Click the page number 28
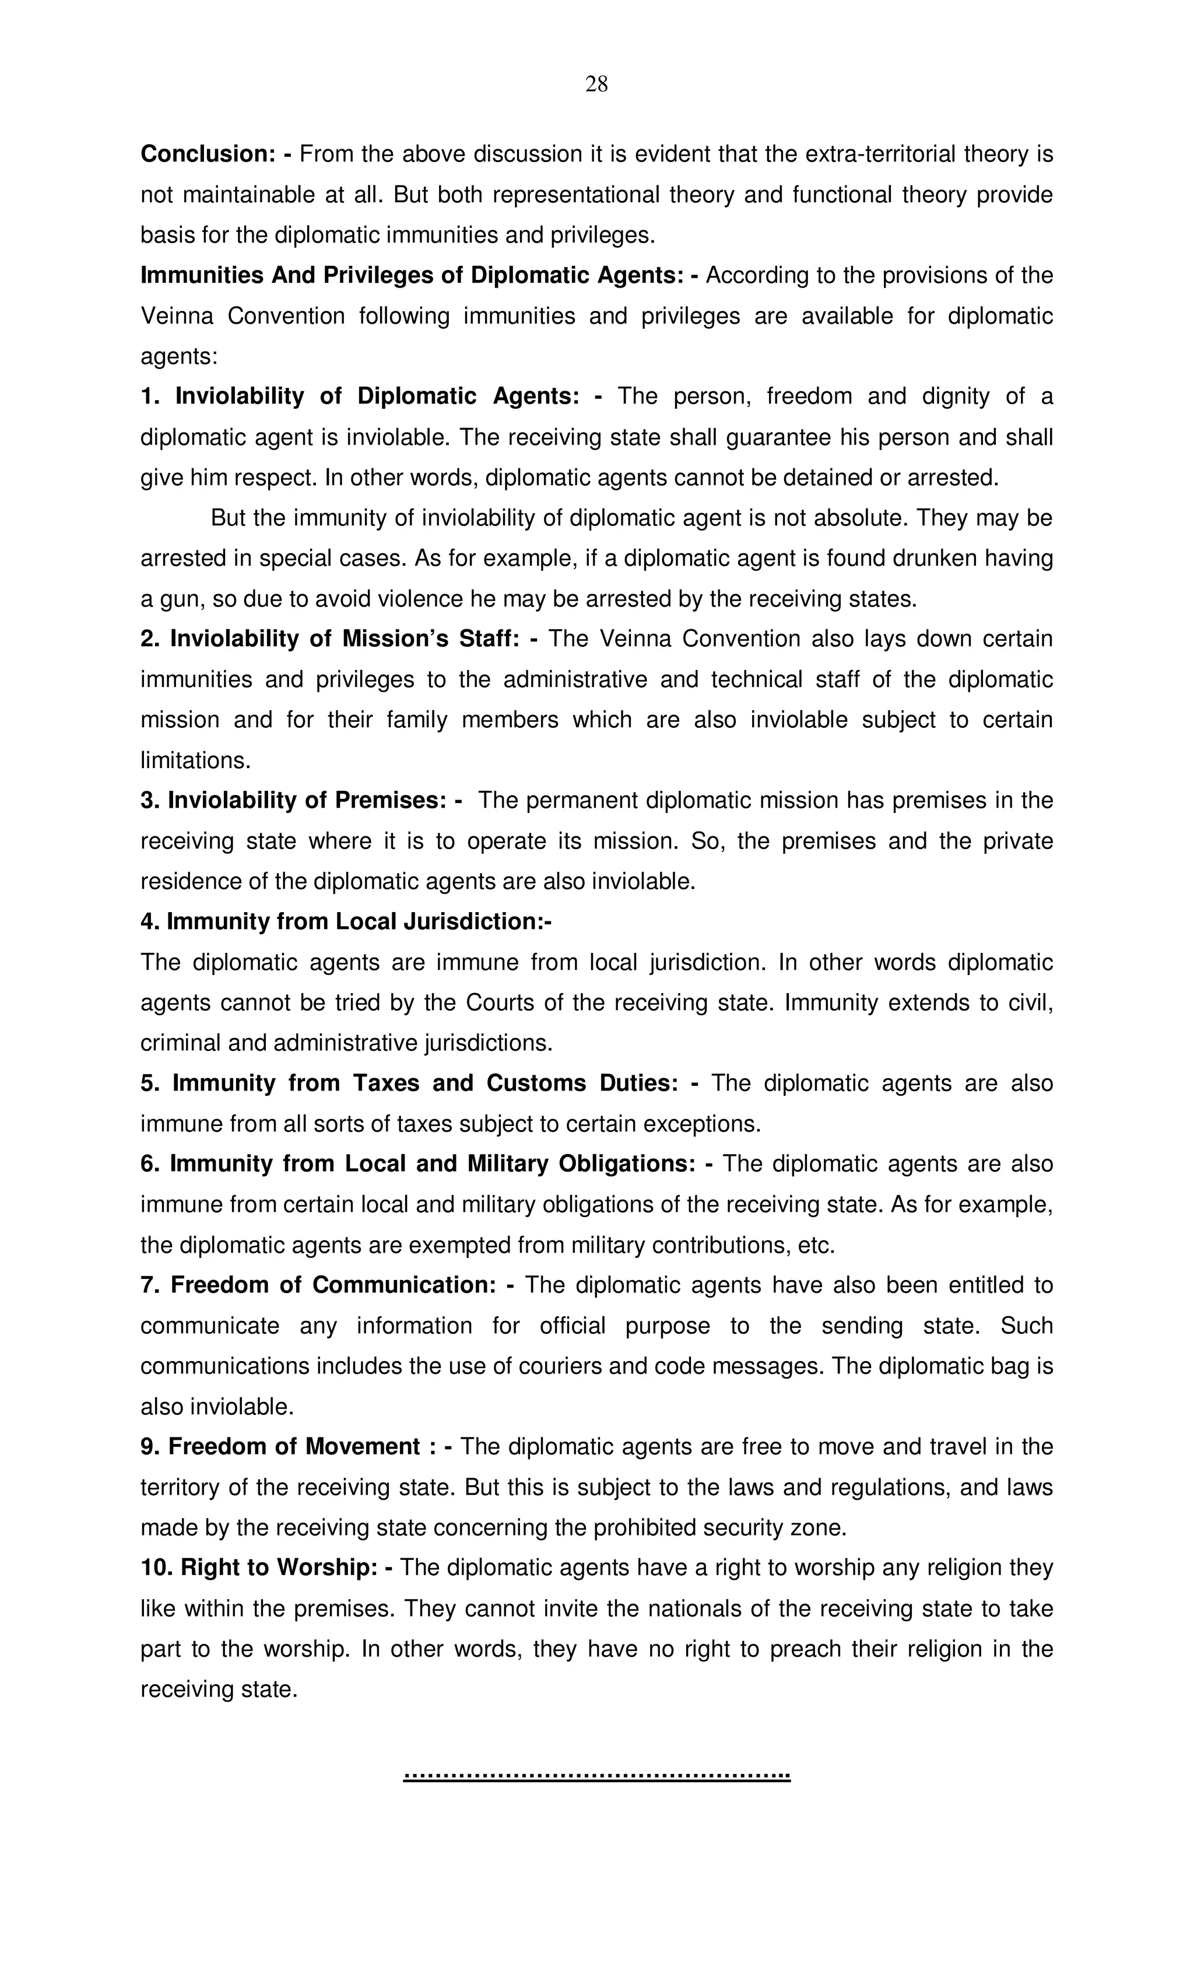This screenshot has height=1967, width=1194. point(596,84)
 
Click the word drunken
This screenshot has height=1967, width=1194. point(935,559)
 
